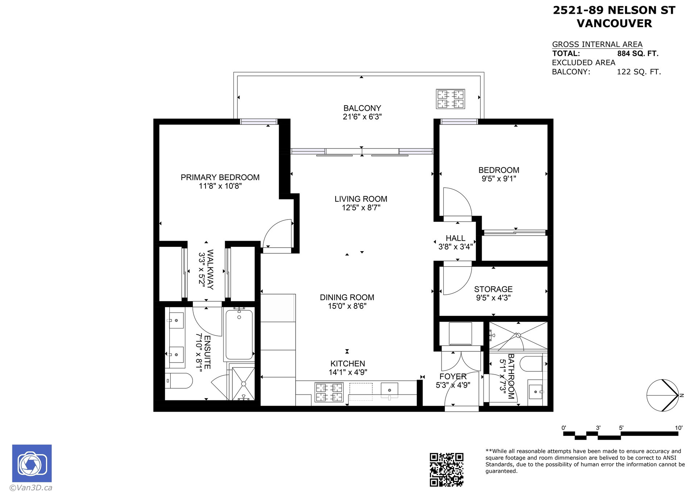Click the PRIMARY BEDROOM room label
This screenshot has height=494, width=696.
(220, 177)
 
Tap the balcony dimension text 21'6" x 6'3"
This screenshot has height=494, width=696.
(362, 117)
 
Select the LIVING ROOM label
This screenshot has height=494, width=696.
(361, 199)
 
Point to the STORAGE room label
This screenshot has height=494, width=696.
(493, 289)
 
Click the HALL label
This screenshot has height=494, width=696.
(455, 238)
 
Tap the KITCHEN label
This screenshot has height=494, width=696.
(348, 364)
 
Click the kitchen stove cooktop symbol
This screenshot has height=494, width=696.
(329, 392)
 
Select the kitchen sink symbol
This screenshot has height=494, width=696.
(389, 390)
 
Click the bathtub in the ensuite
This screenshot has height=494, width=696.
(239, 335)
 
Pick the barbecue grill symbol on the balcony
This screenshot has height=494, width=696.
(450, 99)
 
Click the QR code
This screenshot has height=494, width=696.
(447, 469)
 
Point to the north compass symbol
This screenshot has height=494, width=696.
(663, 395)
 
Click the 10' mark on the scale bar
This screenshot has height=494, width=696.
(679, 428)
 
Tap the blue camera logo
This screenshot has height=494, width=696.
(32, 463)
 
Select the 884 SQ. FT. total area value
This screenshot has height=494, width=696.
(638, 54)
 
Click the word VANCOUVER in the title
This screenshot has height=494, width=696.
(614, 24)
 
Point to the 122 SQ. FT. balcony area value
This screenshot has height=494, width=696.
(639, 72)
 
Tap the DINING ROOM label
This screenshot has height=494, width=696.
(347, 298)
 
